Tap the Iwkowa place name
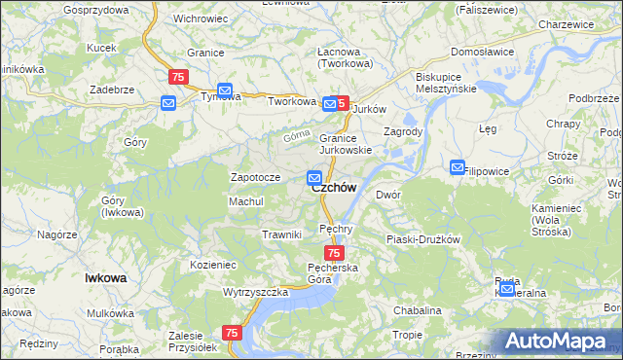(x=106, y=277)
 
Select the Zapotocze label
(x=254, y=177)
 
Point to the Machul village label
(x=246, y=200)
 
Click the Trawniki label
(x=282, y=234)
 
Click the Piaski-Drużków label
(x=422, y=238)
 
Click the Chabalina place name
(x=418, y=310)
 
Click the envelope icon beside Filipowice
(x=458, y=167)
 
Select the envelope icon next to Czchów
(x=314, y=177)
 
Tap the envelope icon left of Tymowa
(x=168, y=102)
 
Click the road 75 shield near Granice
(x=178, y=77)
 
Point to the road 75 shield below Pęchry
(x=333, y=253)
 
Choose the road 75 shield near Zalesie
(x=232, y=333)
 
